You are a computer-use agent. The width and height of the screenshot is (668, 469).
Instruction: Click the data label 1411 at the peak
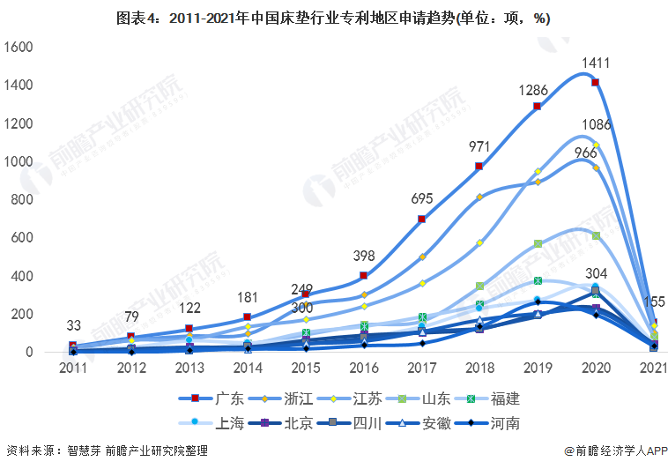(x=596, y=63)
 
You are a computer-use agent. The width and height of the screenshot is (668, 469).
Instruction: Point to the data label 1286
(x=537, y=90)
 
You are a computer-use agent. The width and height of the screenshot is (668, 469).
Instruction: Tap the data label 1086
(x=596, y=125)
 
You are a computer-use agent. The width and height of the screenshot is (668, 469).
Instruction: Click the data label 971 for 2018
(x=479, y=145)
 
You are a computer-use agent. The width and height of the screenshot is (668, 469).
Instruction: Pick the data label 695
(x=421, y=199)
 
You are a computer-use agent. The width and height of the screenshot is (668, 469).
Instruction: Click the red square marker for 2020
(x=596, y=83)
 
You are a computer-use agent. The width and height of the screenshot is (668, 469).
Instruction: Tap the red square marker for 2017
(x=422, y=220)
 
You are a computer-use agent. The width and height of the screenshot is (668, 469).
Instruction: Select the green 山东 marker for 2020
(x=596, y=236)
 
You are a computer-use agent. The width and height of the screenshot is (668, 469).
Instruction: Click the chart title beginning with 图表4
(x=333, y=19)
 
